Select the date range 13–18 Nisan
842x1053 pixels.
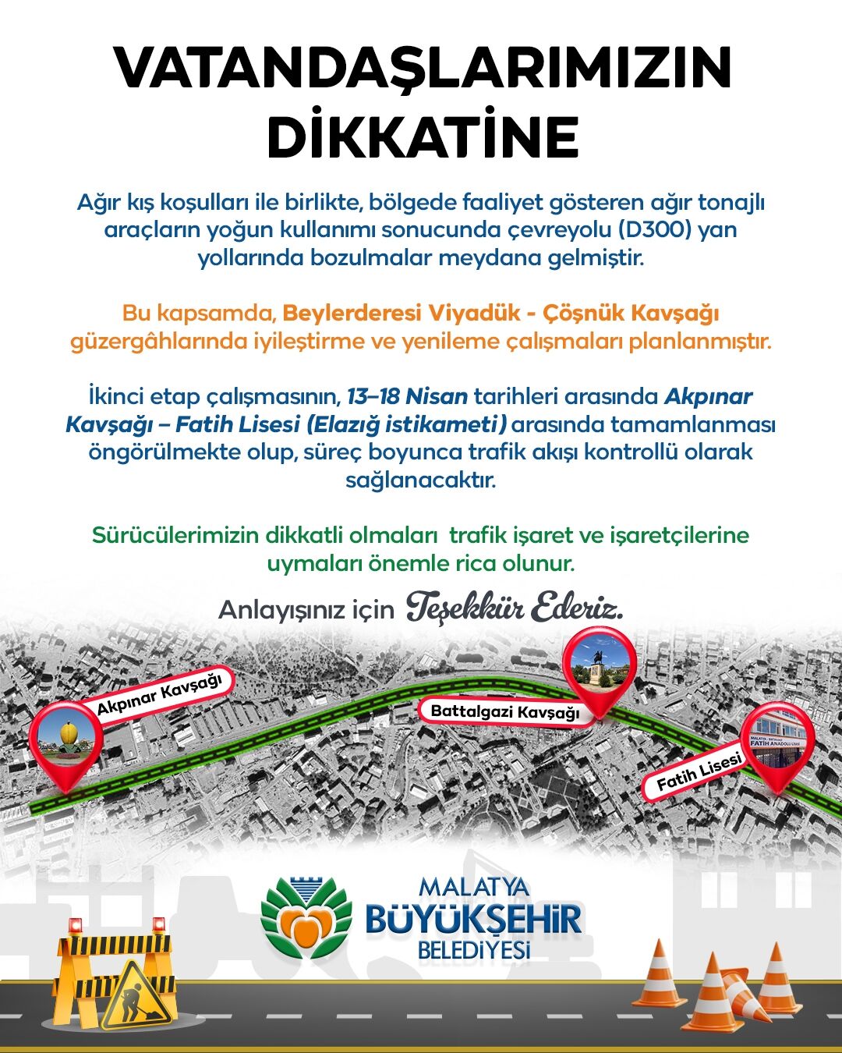point(407,396)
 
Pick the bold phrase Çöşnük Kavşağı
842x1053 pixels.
point(631,313)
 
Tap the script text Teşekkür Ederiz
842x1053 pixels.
point(515,608)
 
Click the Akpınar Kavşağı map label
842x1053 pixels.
point(160,694)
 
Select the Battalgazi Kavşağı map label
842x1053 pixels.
point(505,711)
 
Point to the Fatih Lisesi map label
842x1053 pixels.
point(698,775)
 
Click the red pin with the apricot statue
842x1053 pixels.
point(66,741)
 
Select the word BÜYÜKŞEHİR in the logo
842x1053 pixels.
point(473,920)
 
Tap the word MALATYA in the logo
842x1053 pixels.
point(473,887)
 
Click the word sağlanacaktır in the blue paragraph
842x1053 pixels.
point(421,480)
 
